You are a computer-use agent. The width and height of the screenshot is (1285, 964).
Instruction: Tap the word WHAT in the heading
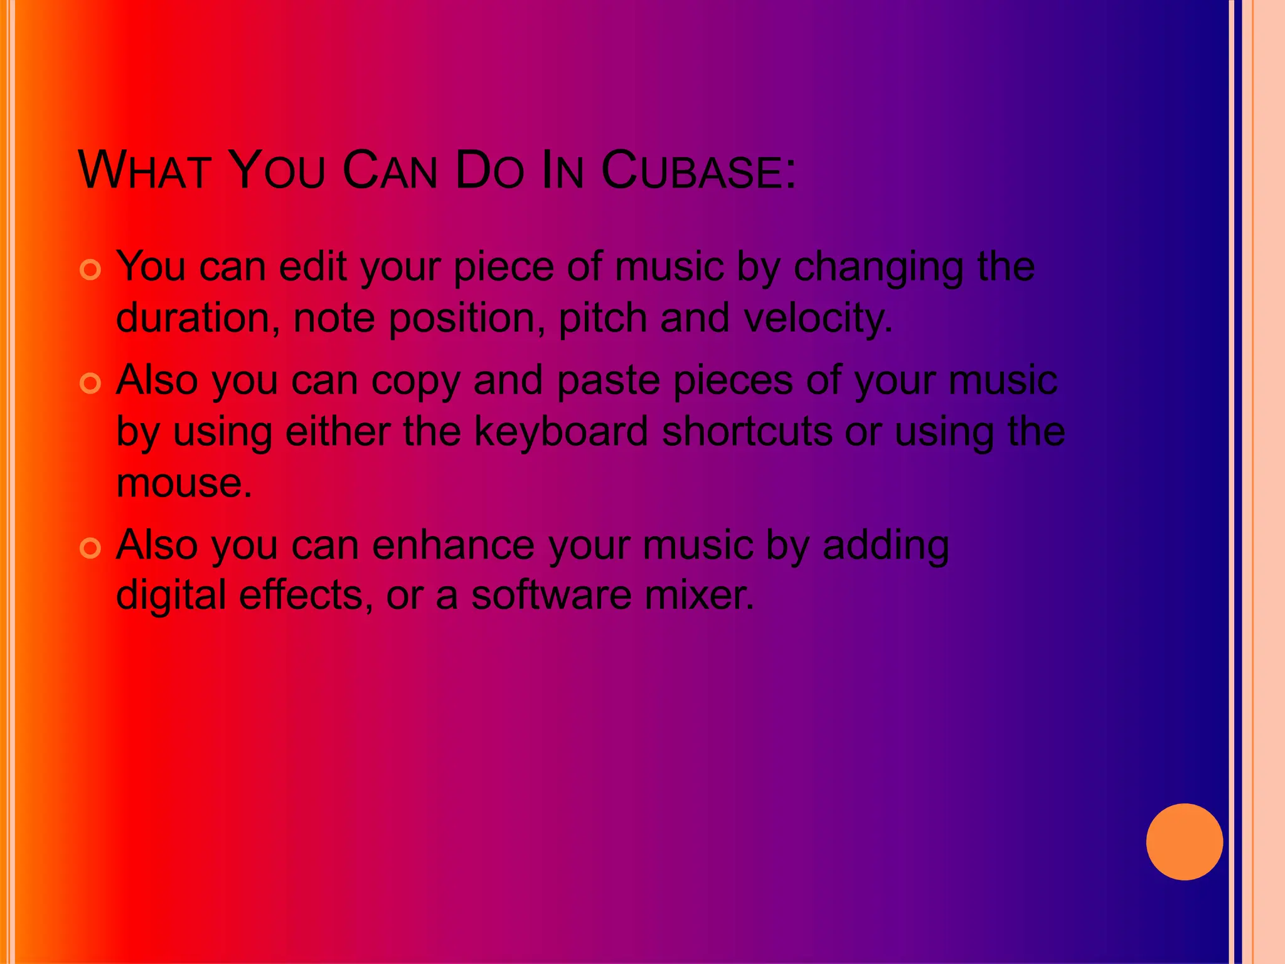(144, 171)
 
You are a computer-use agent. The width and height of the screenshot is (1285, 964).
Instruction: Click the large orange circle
(1184, 842)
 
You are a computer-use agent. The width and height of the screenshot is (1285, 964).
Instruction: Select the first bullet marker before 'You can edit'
(91, 270)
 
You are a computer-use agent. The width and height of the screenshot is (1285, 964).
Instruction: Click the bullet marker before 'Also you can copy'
(91, 383)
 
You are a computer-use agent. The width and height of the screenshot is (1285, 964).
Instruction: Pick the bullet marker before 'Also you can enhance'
(91, 548)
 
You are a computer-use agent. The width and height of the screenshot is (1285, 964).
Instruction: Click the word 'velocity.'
(818, 319)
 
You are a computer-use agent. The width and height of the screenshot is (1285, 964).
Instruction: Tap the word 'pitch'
(602, 319)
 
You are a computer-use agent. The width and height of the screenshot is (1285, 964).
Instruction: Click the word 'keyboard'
(561, 432)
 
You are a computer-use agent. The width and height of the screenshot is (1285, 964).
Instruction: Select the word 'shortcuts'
(747, 432)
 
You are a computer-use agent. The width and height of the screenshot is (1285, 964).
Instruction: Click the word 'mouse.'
(184, 483)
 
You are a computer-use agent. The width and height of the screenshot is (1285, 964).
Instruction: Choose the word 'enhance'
(453, 545)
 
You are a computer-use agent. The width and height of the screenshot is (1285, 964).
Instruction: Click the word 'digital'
(171, 595)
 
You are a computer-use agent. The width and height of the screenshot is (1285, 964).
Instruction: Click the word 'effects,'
(306, 595)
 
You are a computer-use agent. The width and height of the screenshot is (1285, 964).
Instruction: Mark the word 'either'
(338, 432)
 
